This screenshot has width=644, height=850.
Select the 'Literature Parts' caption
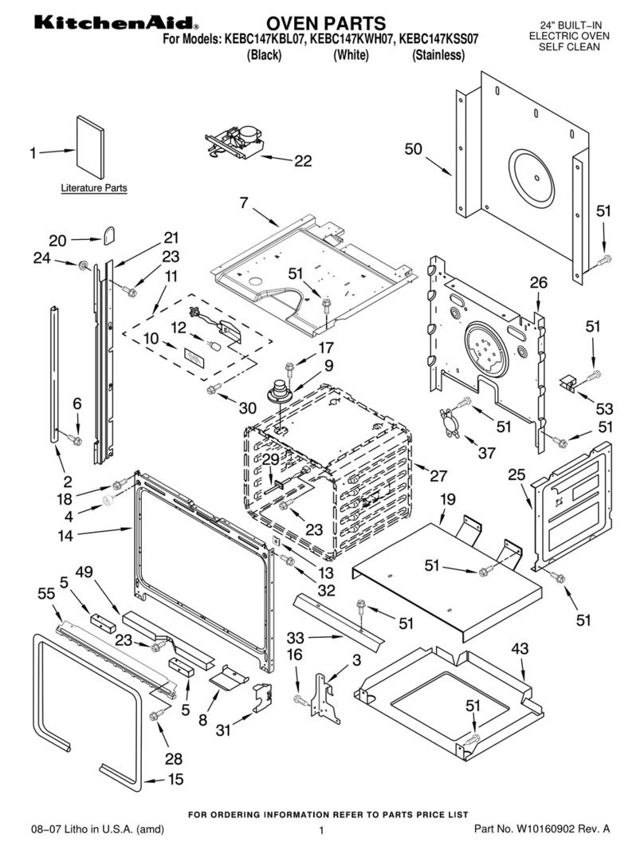pos(94,188)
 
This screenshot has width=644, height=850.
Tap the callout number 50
pos(413,149)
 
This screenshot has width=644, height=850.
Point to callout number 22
pos(303,161)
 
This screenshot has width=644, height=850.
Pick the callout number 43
pos(520,651)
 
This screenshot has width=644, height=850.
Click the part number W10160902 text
pos(564,829)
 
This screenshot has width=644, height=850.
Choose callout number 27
pos(438,476)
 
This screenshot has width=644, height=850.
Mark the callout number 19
pos(447,500)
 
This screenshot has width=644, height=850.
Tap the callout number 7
pos(244,203)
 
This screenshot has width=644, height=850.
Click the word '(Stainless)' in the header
pos(438,55)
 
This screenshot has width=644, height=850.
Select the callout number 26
pos(539,282)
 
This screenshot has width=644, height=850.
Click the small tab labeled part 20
pos(108,235)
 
